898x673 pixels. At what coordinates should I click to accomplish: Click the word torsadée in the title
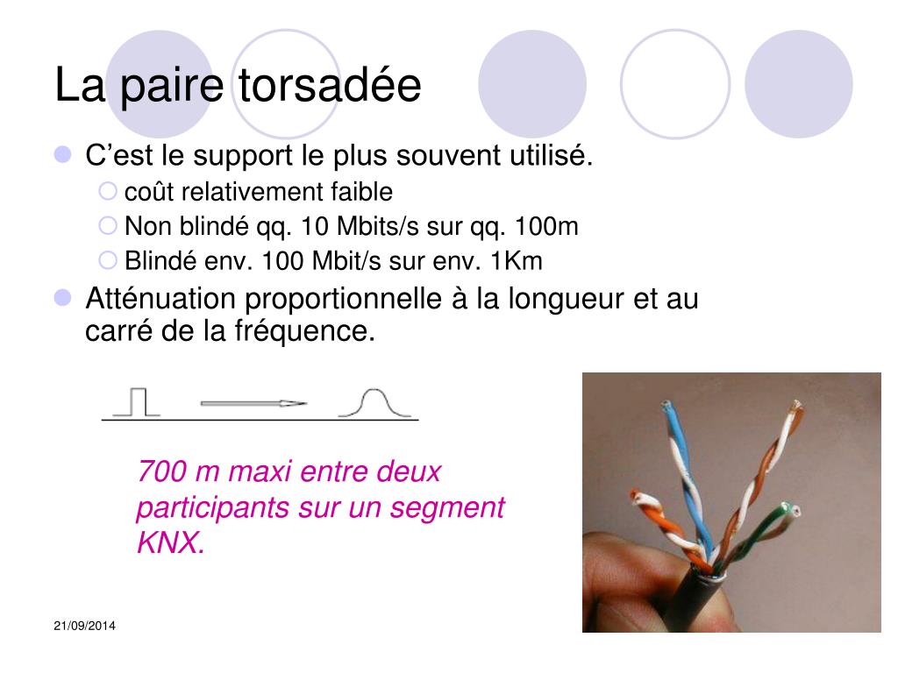point(330,85)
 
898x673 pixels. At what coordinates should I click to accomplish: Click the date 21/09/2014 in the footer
point(85,626)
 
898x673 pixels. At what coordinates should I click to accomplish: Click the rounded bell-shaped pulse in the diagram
point(375,402)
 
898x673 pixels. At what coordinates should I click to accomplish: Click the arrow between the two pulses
point(253,403)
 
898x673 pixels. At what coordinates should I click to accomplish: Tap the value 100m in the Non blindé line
point(546,227)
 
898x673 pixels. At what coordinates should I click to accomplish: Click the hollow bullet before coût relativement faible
point(108,191)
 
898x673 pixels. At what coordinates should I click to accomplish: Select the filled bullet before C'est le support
point(62,154)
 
